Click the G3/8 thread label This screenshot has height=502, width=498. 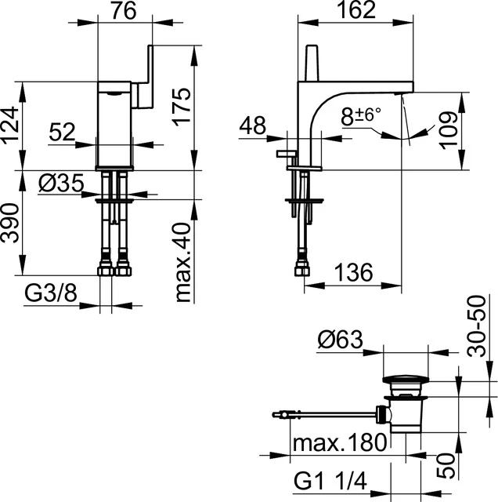(50, 294)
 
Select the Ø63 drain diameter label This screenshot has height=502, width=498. (341, 340)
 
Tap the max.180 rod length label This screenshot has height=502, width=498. (339, 445)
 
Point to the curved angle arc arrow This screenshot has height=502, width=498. (407, 136)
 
